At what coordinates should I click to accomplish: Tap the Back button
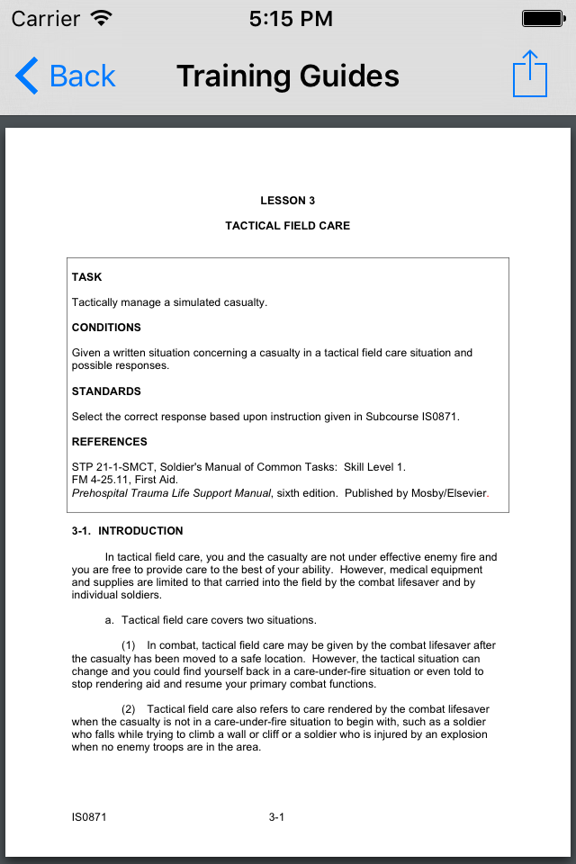[66, 76]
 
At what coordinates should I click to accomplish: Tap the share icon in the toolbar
[530, 74]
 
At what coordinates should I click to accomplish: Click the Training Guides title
[288, 76]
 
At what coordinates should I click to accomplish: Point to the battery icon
[543, 18]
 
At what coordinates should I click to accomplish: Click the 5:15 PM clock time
[291, 18]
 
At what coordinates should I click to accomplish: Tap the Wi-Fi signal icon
[103, 18]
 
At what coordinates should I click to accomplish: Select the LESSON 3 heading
[288, 201]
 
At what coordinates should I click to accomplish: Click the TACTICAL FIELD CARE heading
[288, 226]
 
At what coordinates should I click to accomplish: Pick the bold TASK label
[87, 277]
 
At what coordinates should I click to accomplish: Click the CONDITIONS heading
[106, 328]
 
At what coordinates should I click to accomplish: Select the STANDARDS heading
[106, 391]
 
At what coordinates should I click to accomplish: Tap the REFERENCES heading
[110, 442]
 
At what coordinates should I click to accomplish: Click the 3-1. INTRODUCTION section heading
[128, 531]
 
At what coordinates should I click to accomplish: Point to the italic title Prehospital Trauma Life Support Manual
[171, 493]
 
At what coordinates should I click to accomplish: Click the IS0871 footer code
[90, 817]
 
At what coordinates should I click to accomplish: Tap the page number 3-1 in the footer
[276, 817]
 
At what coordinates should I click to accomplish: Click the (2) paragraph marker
[129, 709]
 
